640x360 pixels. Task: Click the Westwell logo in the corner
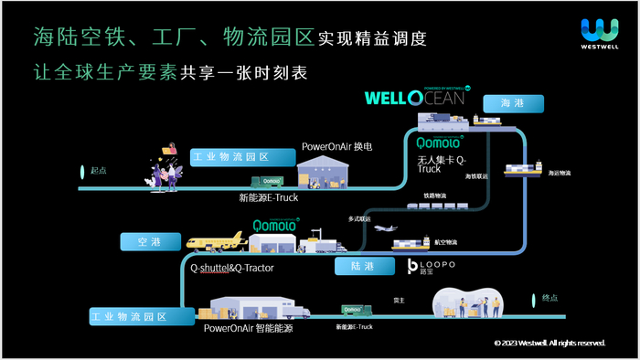(599, 35)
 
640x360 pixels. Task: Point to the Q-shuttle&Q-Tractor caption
(232, 269)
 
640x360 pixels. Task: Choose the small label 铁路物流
(433, 195)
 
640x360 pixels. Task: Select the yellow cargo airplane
(216, 241)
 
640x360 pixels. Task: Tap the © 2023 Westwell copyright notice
(549, 343)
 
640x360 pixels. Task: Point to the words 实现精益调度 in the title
(371, 41)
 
